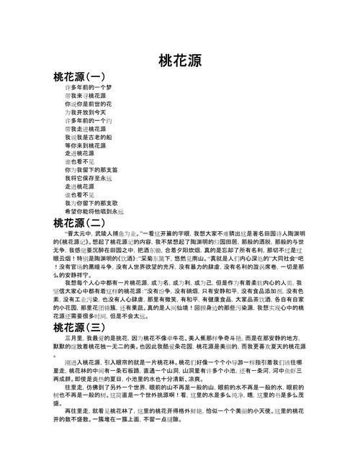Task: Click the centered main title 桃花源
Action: tap(179, 59)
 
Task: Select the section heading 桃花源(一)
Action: tap(79, 75)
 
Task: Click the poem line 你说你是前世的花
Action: tap(85, 104)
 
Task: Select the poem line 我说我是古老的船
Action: tap(85, 136)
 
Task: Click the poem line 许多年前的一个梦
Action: tap(85, 87)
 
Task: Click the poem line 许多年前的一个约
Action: tap(85, 120)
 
